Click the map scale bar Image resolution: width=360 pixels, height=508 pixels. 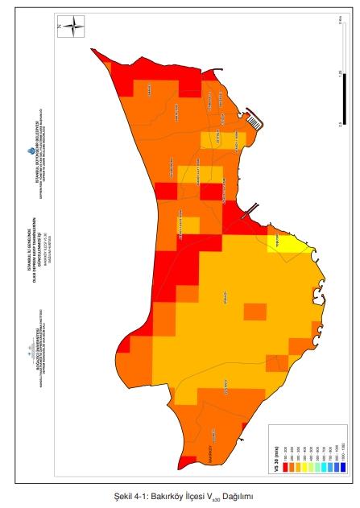click(x=341, y=76)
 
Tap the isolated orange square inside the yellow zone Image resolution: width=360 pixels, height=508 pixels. click(x=255, y=312)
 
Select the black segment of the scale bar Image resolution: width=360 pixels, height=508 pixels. click(x=341, y=101)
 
